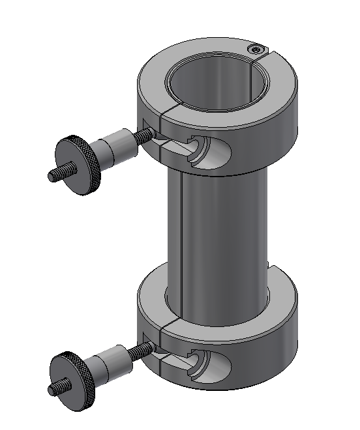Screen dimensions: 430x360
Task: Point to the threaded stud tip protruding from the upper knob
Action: point(55,175)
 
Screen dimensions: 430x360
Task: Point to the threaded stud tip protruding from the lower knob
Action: point(55,389)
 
